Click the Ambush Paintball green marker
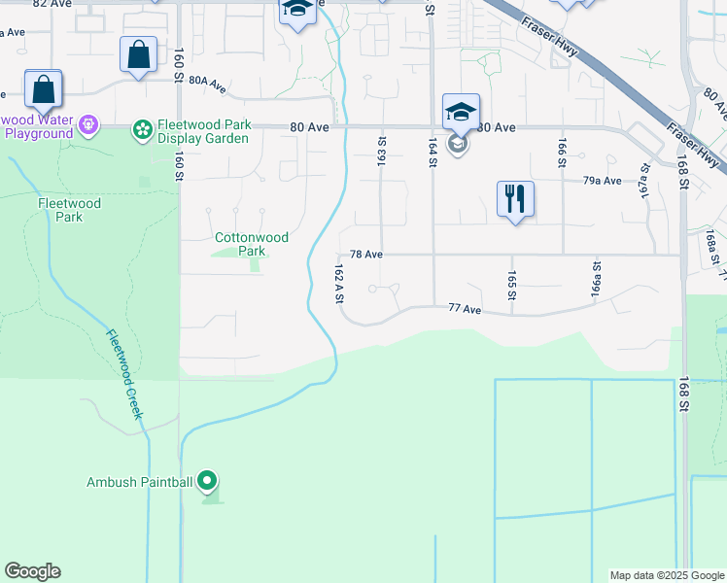tap(207, 480)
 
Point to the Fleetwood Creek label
tap(125, 375)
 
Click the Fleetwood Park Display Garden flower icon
tap(142, 128)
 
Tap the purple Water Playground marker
tap(88, 125)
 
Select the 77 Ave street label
tap(467, 309)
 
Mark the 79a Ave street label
tap(602, 181)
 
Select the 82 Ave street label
tap(52, 4)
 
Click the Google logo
tap(32, 571)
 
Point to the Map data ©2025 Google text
tap(666, 575)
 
